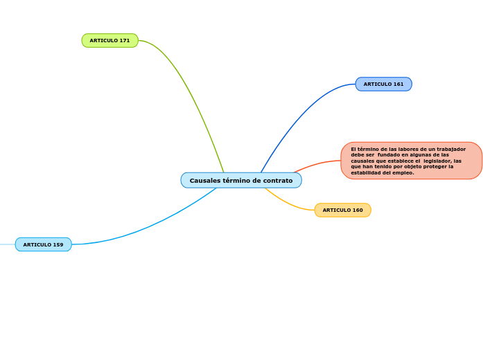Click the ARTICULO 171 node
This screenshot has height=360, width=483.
pos(109,41)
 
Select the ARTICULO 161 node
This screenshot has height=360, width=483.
pos(383,84)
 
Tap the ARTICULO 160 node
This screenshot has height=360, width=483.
pos(342,210)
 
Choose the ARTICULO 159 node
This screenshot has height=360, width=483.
pos(43,245)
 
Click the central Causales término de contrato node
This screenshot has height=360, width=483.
pos(241,181)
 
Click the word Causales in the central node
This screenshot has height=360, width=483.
pos(204,181)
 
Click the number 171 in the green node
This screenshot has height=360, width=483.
pos(124,41)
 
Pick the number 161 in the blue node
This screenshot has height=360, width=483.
pos(398,84)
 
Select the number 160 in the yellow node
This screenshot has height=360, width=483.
pos(357,210)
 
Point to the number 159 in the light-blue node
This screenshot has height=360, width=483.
pos(58,245)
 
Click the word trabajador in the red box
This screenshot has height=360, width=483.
pos(451,150)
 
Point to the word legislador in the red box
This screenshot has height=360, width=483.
pos(438,161)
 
